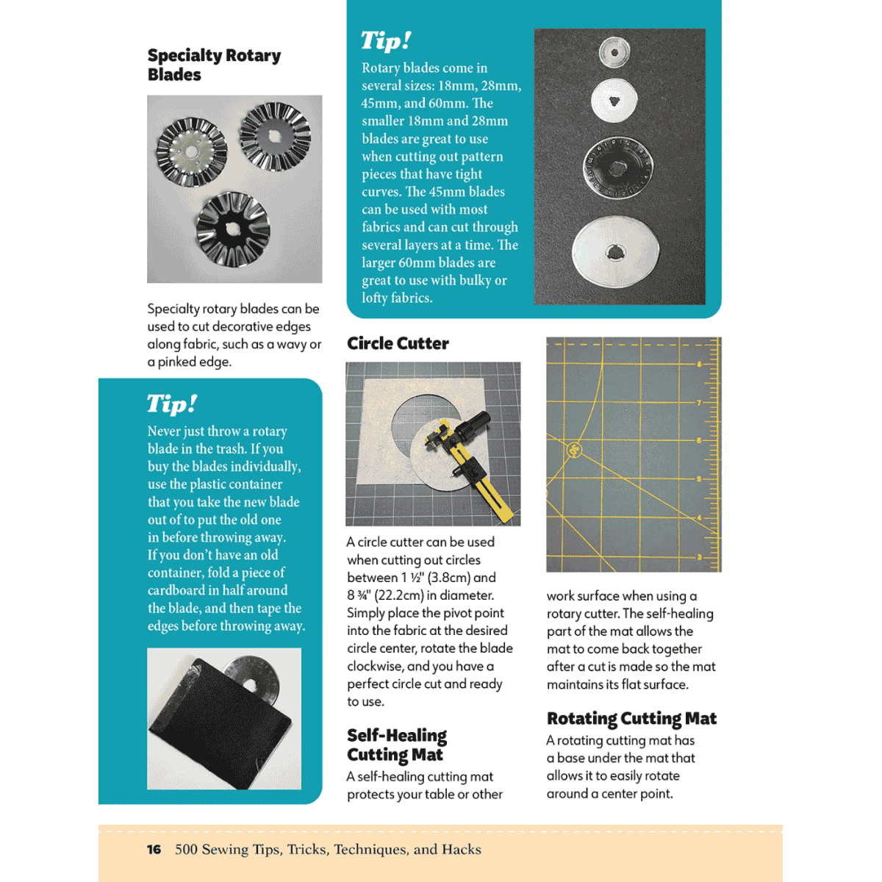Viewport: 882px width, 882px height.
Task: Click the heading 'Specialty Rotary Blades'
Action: (x=214, y=65)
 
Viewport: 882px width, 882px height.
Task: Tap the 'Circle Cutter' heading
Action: (x=398, y=343)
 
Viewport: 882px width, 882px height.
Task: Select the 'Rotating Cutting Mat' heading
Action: (x=631, y=718)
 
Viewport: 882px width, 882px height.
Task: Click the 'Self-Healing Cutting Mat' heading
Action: (x=397, y=745)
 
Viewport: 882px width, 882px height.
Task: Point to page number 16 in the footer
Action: (x=154, y=850)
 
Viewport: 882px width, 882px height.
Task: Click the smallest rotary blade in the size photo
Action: (x=614, y=51)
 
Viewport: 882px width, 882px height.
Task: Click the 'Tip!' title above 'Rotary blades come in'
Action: (x=385, y=40)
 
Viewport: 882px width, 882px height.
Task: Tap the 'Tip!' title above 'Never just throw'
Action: (x=171, y=404)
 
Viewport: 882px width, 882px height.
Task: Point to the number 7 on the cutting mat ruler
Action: (x=699, y=403)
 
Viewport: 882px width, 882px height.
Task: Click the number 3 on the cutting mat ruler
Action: (x=699, y=557)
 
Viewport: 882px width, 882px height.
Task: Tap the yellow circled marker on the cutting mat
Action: (x=575, y=449)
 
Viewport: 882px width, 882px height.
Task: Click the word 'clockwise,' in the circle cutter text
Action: (x=375, y=666)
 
